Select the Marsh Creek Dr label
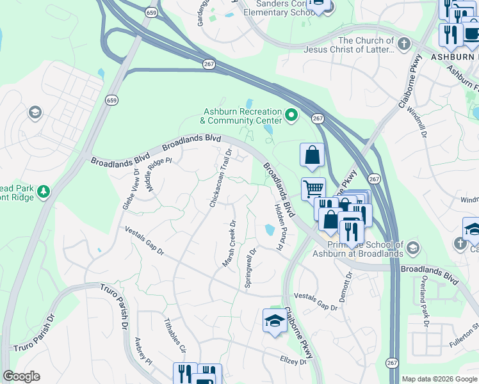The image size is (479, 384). [229, 244]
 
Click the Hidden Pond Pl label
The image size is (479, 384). [279, 227]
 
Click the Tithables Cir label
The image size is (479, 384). [174, 336]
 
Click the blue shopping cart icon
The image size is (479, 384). [313, 189]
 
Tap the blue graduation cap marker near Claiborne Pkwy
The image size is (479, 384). [275, 320]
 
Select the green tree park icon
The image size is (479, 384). [44, 191]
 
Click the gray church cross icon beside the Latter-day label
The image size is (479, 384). [403, 44]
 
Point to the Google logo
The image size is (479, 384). [21, 376]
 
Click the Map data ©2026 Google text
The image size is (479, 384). [439, 379]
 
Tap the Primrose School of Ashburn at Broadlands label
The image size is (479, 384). [357, 249]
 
